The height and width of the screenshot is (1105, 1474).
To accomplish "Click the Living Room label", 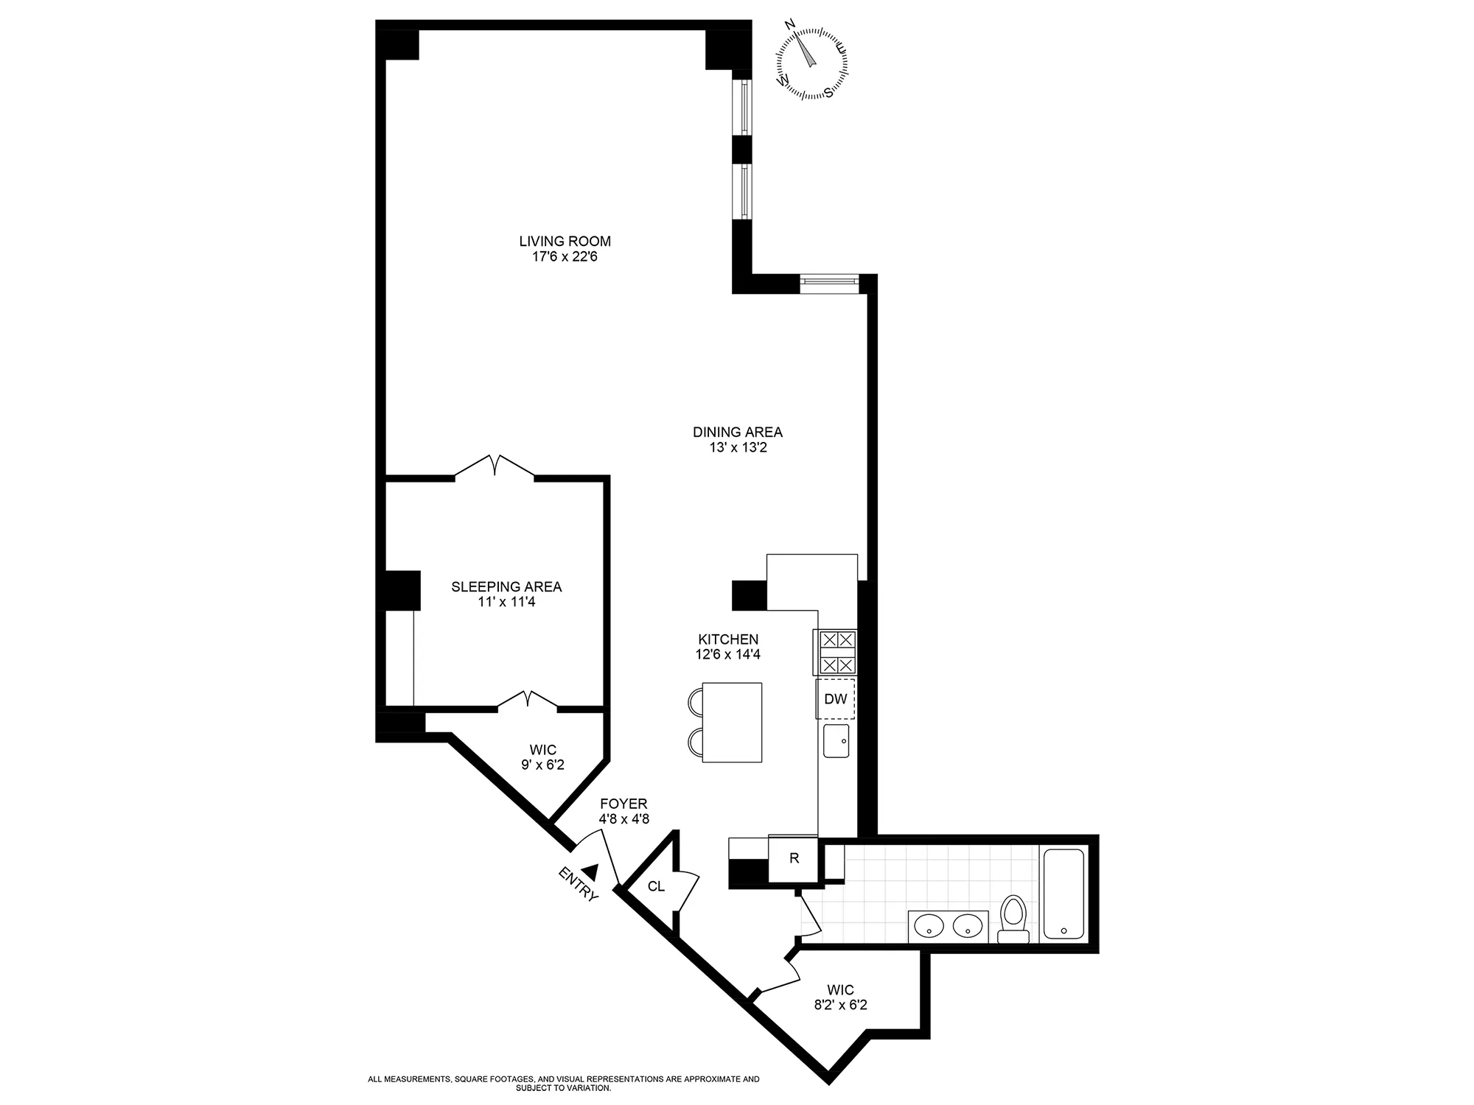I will (565, 241).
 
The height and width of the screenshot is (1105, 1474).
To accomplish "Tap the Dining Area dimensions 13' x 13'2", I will (737, 448).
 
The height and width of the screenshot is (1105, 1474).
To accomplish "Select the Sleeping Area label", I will (506, 586).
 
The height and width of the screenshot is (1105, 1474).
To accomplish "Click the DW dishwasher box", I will (835, 699).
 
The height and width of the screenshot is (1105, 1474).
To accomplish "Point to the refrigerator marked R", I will (794, 859).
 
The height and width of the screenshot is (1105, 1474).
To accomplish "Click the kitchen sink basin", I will (836, 740).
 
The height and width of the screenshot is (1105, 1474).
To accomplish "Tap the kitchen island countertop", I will (732, 722).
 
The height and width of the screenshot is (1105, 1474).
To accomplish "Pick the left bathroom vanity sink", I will (930, 925).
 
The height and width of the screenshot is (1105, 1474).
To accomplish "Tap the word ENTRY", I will (579, 884).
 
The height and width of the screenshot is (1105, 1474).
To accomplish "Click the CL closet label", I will (656, 886).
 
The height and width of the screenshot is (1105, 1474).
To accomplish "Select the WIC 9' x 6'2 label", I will (542, 758).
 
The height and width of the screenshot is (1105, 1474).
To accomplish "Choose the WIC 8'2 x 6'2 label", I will (840, 997).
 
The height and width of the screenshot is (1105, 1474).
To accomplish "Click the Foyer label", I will (624, 804).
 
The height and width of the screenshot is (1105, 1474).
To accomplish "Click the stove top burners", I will (835, 652).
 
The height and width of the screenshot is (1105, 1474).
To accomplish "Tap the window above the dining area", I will (829, 283).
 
